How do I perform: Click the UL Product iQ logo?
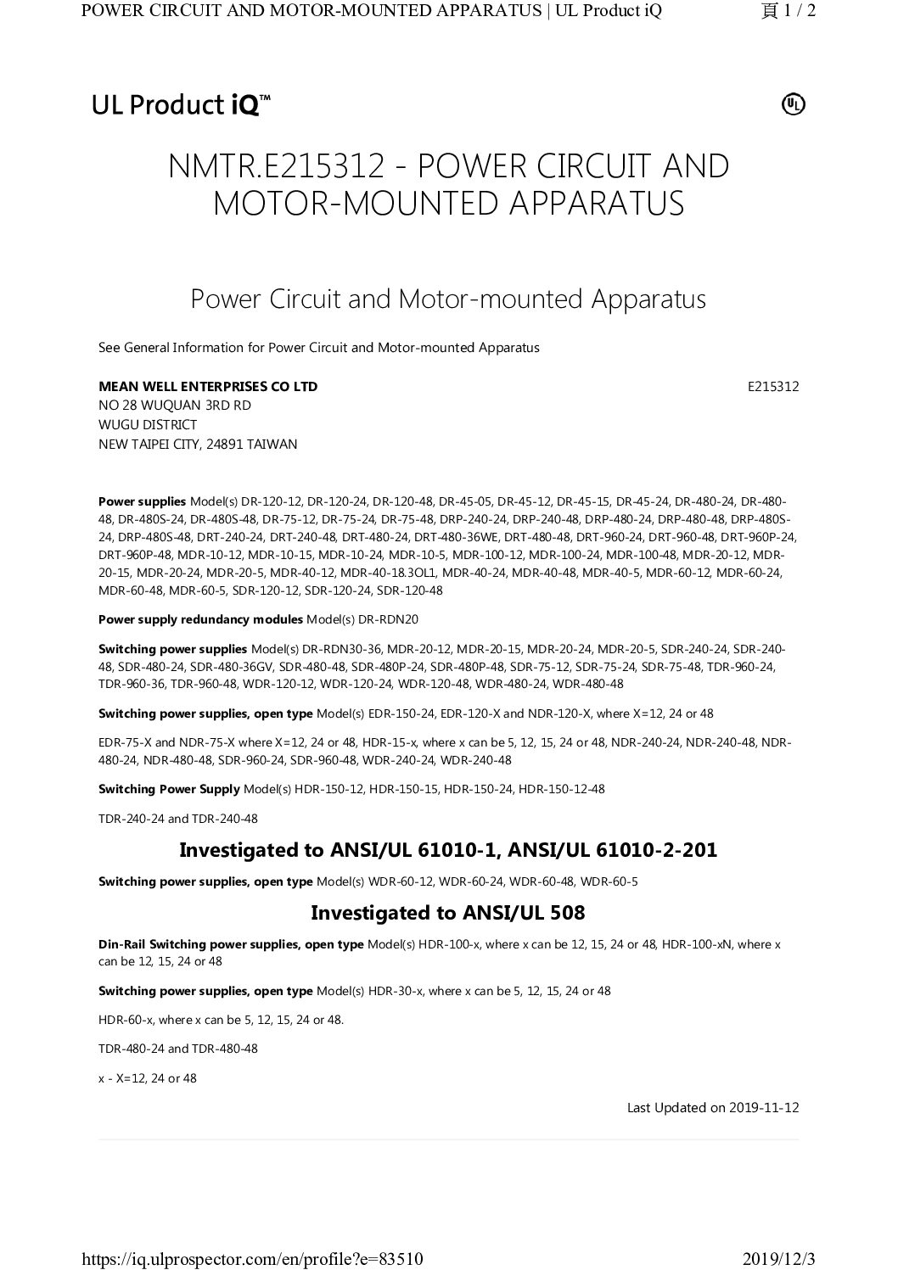click(181, 105)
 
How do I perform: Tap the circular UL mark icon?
click(793, 104)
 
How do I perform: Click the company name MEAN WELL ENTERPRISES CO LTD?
click(208, 387)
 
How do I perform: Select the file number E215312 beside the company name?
click(773, 387)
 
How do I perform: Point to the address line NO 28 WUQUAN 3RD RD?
click(175, 406)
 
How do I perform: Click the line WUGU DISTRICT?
click(148, 425)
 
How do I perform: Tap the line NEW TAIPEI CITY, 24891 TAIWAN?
click(198, 444)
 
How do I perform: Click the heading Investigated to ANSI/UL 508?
click(448, 913)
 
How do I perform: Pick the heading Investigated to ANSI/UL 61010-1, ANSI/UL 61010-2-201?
click(448, 849)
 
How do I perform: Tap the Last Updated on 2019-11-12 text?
click(713, 1107)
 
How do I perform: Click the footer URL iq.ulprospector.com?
click(252, 1257)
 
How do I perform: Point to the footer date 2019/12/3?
click(777, 1257)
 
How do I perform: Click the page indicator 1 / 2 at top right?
click(789, 11)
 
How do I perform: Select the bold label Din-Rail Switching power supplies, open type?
click(231, 944)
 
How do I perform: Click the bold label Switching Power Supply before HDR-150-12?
click(169, 789)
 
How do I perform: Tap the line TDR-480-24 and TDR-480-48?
click(178, 1049)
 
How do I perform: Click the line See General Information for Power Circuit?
click(319, 348)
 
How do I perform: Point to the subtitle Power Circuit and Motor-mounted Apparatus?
click(448, 299)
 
